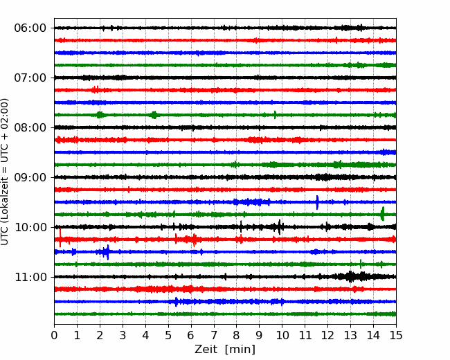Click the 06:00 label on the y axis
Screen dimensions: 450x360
(30, 28)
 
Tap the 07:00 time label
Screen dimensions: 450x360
(30, 78)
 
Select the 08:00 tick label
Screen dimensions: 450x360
(30, 128)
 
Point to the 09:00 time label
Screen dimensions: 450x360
(30, 177)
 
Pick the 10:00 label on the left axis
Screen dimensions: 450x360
(30, 227)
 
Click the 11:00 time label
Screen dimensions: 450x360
(30, 277)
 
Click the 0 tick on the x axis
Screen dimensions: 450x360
(54, 335)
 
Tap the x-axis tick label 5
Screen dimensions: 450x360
(168, 335)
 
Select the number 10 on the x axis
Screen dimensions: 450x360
(282, 335)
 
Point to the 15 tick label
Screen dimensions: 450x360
(396, 335)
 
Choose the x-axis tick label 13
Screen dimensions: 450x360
(350, 335)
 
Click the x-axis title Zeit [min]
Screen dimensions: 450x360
(225, 349)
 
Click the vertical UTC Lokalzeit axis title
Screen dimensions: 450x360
(5, 172)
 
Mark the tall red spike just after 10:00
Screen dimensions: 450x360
(60, 237)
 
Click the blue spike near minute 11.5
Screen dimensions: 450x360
(317, 202)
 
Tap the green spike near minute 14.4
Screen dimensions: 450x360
(382, 214)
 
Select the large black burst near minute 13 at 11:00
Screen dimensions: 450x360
(350, 277)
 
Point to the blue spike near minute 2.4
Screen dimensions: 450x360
(107, 252)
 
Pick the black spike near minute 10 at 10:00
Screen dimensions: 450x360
(280, 227)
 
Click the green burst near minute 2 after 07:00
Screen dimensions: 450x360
(100, 115)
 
